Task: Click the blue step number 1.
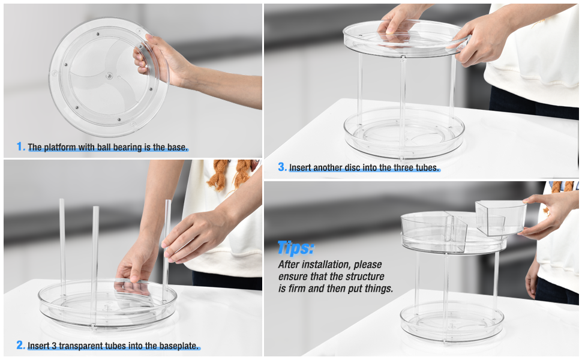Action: (20, 146)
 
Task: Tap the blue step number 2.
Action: (20, 345)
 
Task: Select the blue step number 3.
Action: (281, 167)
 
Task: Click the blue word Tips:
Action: (296, 248)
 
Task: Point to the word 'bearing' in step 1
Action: (123, 147)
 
